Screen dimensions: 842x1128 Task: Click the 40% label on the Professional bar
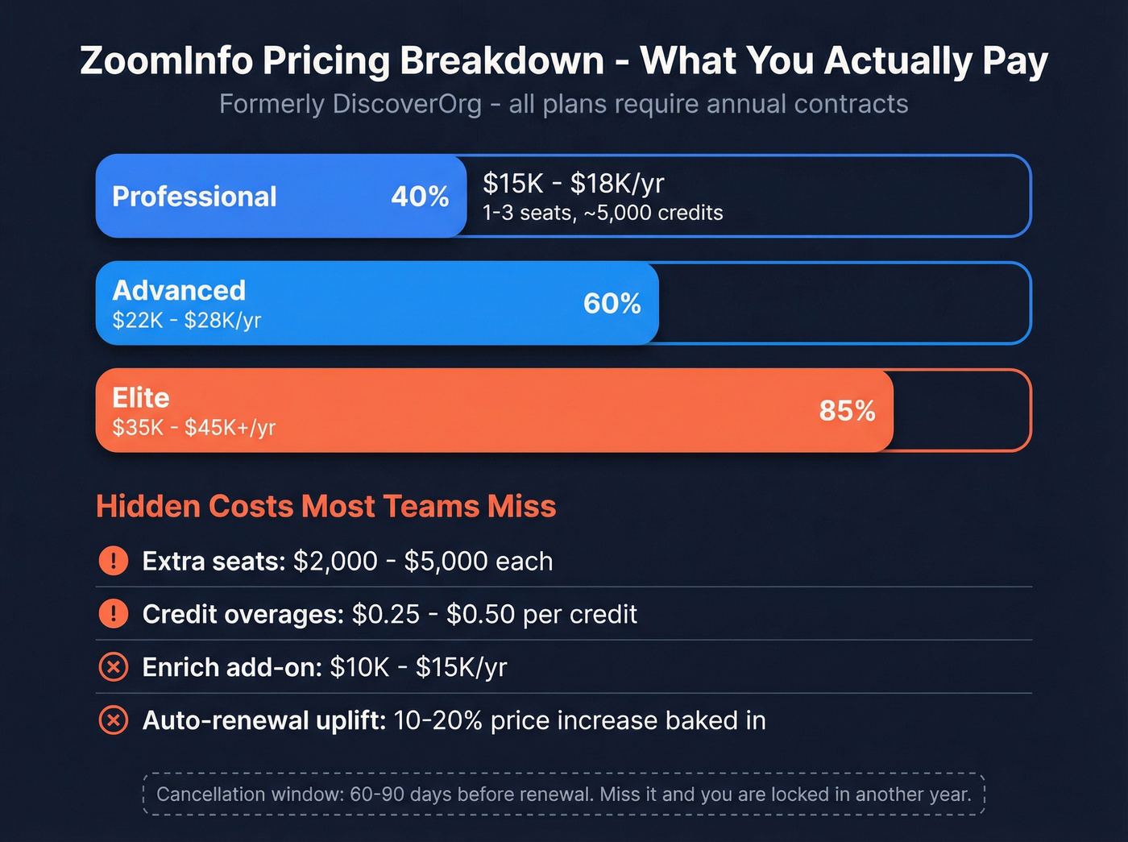pos(420,197)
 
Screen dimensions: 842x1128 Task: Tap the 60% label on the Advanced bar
pos(612,304)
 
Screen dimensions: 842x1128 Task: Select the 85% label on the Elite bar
pos(847,411)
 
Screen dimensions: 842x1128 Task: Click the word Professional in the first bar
pos(194,197)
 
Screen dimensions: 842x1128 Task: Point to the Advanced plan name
pos(179,290)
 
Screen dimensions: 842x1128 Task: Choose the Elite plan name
pos(141,397)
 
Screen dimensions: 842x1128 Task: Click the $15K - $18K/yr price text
pos(573,184)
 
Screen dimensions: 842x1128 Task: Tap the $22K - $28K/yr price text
pos(187,321)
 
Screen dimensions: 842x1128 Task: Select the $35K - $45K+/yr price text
pos(194,428)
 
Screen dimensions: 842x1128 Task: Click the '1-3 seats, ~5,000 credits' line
pos(603,213)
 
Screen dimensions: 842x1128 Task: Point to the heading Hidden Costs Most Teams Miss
pos(326,506)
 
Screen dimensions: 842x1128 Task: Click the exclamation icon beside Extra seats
pos(114,561)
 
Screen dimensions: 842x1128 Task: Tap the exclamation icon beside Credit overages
pos(114,614)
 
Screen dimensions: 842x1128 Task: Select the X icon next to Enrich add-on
pos(114,667)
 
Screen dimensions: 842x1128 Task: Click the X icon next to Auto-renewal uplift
pos(114,720)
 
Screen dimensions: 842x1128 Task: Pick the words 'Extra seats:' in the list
pos(214,561)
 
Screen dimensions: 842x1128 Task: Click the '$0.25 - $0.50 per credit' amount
pos(494,614)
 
